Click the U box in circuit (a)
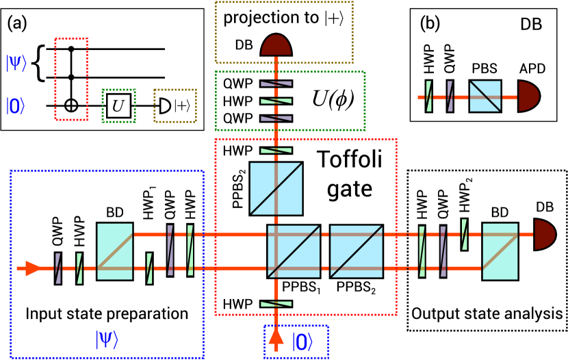point(118,106)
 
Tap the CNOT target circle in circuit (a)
point(75,106)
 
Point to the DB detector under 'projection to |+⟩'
point(277,47)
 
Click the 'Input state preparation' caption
point(107,313)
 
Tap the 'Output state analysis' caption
point(485,313)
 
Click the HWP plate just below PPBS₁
point(277,304)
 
